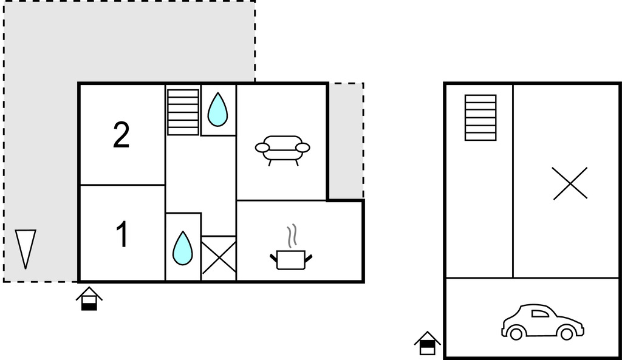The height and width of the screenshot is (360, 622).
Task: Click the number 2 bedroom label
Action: tap(121, 135)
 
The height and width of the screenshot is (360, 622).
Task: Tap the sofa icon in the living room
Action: tap(282, 150)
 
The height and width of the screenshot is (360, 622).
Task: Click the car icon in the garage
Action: tap(542, 322)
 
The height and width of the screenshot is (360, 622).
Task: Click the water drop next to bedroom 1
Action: tap(182, 248)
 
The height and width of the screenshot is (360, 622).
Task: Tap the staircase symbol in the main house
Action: tap(183, 112)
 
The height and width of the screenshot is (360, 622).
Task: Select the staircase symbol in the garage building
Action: tap(480, 117)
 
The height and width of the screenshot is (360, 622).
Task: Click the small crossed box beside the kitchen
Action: tap(219, 258)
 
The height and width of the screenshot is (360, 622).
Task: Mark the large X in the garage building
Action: tap(570, 183)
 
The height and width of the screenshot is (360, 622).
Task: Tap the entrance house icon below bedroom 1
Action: tap(89, 299)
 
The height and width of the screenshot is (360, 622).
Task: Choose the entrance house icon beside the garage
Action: tap(427, 344)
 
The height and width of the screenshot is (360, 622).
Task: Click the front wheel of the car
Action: tap(567, 333)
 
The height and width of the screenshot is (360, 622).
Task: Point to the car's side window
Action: tap(540, 314)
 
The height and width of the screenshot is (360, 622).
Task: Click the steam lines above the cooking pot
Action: tap(292, 236)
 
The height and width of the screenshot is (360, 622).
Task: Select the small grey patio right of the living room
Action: tap(346, 140)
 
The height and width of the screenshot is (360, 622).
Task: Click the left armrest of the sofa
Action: tap(262, 148)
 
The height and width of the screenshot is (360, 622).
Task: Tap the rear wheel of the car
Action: tap(516, 333)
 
